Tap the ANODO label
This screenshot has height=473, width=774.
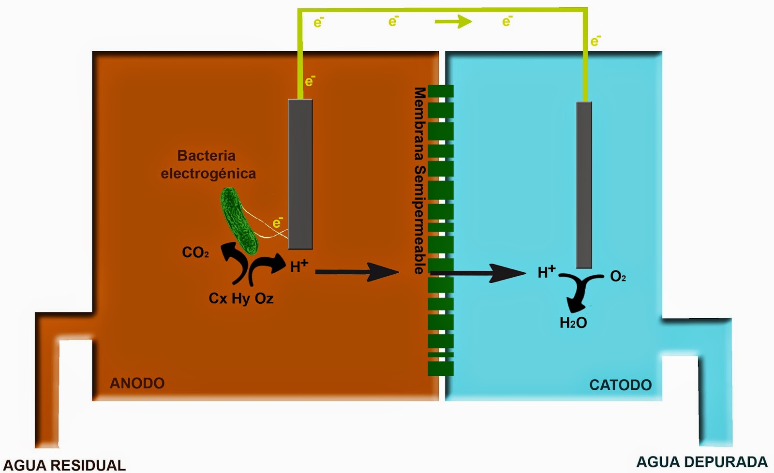coord(137,383)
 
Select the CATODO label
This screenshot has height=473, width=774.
coord(620,385)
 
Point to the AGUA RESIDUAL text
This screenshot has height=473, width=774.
coord(64,465)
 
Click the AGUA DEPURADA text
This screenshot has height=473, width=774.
coord(701,462)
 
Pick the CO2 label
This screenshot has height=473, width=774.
coord(195,252)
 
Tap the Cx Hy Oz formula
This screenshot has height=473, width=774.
coord(241,298)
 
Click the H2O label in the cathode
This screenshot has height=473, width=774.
coord(573,323)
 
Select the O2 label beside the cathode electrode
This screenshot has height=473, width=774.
coord(618,276)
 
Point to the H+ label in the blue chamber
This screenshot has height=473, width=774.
coord(547,272)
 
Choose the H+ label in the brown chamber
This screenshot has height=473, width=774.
coord(298,266)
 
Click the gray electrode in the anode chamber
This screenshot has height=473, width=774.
coord(300,174)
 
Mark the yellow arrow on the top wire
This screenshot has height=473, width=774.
coord(453,21)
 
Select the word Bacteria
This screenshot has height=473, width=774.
coord(207,156)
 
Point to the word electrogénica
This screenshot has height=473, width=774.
coord(208,174)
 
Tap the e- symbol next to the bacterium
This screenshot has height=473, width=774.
coord(277,222)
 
